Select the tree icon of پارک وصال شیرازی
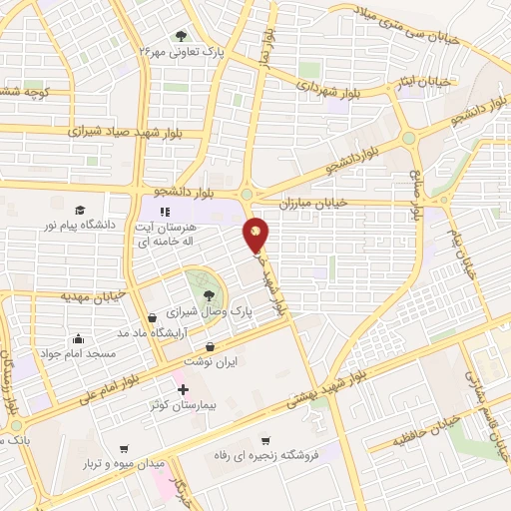coord(208,294)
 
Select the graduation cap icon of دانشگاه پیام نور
coord(79,210)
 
